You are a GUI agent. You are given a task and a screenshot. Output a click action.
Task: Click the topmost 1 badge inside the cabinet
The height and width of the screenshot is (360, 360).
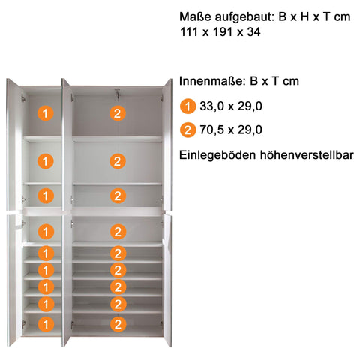click(46, 114)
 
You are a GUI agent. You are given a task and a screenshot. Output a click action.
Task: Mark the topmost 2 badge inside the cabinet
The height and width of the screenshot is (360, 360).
click(117, 114)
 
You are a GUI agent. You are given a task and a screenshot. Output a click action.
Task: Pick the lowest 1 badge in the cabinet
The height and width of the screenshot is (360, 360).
click(46, 324)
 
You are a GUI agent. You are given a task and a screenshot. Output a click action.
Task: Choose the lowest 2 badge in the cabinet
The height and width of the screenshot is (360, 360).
click(117, 324)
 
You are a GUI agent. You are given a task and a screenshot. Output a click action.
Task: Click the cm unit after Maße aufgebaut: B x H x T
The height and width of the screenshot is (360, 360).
click(341, 17)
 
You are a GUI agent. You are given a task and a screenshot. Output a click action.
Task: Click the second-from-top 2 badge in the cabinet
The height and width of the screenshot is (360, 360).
click(117, 160)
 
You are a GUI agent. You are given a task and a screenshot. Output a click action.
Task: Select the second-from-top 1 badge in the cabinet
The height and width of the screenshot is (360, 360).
click(46, 160)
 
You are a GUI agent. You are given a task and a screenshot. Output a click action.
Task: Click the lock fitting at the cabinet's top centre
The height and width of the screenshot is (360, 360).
click(117, 94)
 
